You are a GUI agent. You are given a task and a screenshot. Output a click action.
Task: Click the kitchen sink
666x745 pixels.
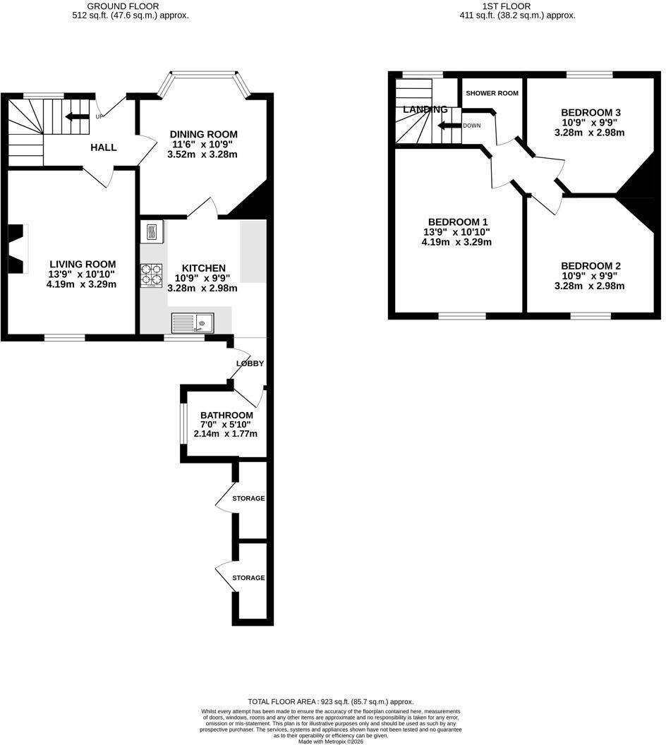click(x=193, y=323)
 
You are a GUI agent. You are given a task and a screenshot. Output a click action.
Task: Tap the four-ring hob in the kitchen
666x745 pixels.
click(x=151, y=276)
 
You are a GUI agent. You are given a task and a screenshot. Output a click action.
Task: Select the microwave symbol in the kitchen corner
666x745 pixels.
click(x=152, y=232)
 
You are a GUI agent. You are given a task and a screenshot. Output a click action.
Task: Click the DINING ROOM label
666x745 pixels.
click(x=204, y=135)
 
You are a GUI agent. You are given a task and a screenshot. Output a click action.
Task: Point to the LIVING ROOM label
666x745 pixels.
click(x=83, y=264)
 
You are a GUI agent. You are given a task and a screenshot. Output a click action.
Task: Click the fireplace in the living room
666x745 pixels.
click(x=18, y=248)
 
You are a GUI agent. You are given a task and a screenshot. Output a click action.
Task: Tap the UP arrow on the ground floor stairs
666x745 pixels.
click(x=77, y=116)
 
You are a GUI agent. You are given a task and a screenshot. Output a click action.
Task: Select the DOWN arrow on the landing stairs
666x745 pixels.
click(x=449, y=126)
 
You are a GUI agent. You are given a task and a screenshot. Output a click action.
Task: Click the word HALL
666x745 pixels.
click(x=104, y=147)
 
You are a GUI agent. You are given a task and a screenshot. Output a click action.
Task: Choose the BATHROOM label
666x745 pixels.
click(x=226, y=416)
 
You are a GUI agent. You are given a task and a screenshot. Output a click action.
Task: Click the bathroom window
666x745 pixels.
click(x=183, y=424)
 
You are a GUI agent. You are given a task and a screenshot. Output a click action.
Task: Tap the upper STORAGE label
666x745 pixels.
click(x=248, y=498)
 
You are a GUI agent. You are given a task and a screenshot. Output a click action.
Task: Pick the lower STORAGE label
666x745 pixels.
click(x=248, y=578)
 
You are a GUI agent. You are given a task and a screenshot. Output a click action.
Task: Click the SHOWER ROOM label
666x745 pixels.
click(x=492, y=93)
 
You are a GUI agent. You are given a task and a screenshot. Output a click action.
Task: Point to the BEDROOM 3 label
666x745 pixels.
click(x=591, y=113)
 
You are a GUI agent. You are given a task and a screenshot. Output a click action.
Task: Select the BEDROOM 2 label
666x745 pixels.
click(x=591, y=266)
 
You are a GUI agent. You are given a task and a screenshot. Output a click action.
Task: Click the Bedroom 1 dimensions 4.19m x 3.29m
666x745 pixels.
click(x=456, y=242)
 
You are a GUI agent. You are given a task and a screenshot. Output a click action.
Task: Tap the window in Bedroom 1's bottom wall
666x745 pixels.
click(x=462, y=315)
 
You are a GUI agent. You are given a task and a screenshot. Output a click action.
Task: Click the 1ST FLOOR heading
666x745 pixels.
click(x=507, y=6)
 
